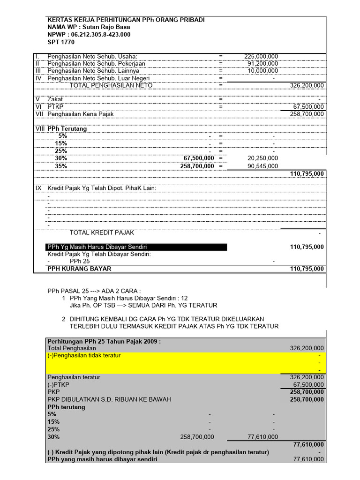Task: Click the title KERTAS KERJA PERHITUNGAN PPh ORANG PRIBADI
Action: [x=126, y=20]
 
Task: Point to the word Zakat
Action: [x=55, y=99]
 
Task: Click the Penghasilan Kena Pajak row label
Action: [x=81, y=114]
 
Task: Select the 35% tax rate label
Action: [x=61, y=166]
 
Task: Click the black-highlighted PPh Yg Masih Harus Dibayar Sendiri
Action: [x=100, y=247]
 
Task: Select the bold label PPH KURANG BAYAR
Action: [x=80, y=269]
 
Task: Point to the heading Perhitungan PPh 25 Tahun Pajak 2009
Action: [x=104, y=341]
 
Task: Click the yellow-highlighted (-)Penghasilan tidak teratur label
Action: [x=84, y=355]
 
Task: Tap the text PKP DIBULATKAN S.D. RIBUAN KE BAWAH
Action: [x=109, y=399]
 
